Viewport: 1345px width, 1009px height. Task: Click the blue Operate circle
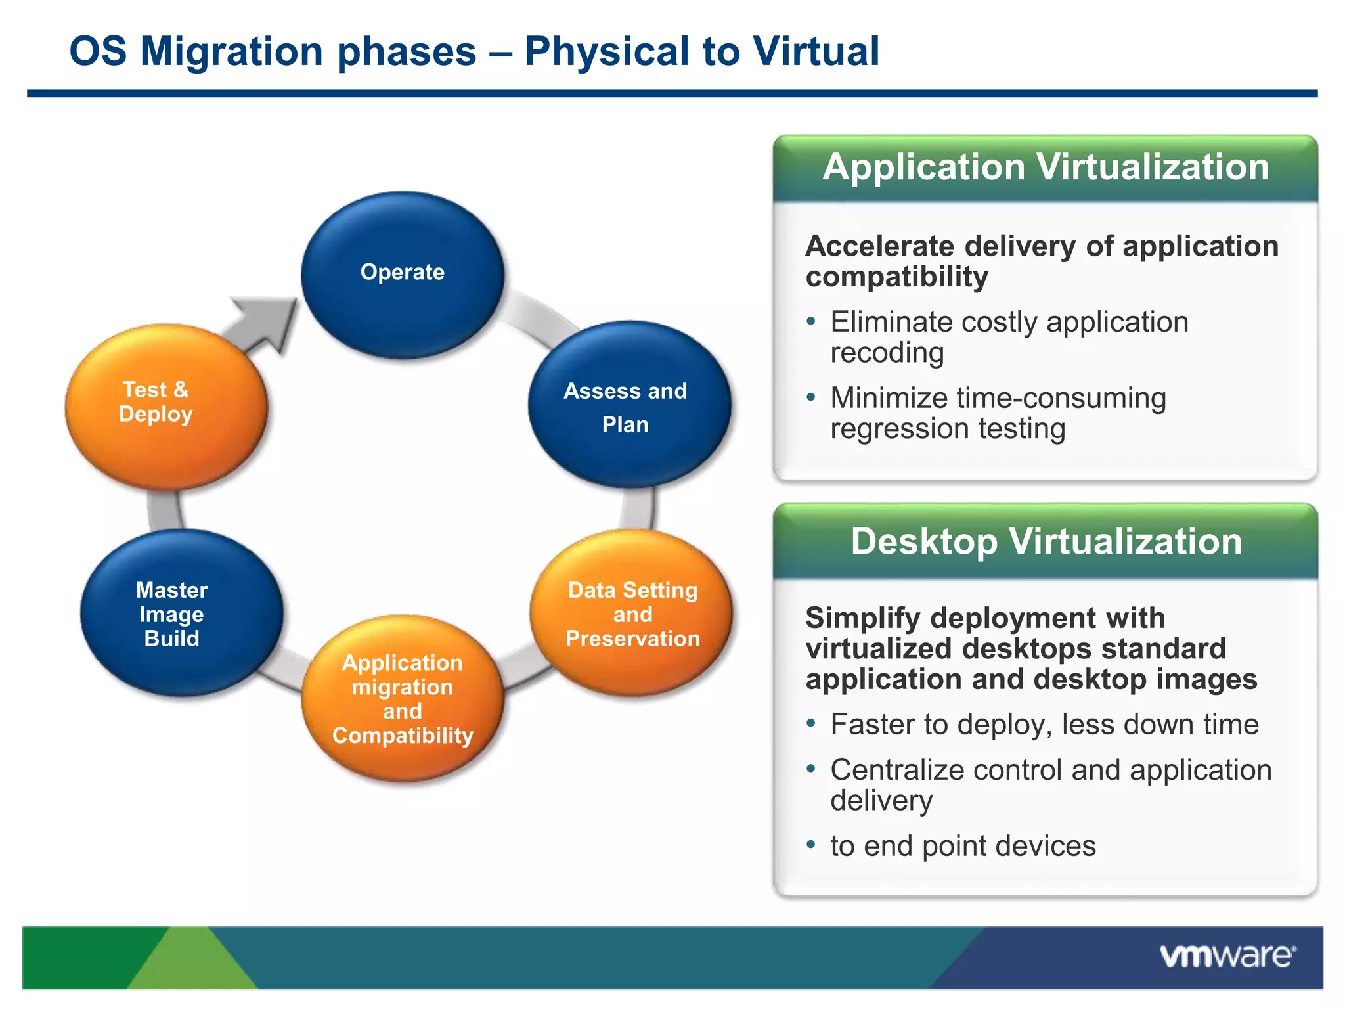402,275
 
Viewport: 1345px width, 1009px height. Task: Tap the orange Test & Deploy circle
165,407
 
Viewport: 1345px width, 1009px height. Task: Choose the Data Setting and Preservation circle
631,614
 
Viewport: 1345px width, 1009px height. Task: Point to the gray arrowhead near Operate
269,321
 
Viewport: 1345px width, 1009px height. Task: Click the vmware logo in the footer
1227,956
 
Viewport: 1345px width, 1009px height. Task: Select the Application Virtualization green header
1045,168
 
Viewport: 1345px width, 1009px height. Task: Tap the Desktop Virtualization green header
1045,542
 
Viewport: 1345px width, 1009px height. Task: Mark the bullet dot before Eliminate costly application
811,322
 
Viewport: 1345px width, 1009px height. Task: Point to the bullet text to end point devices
963,846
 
